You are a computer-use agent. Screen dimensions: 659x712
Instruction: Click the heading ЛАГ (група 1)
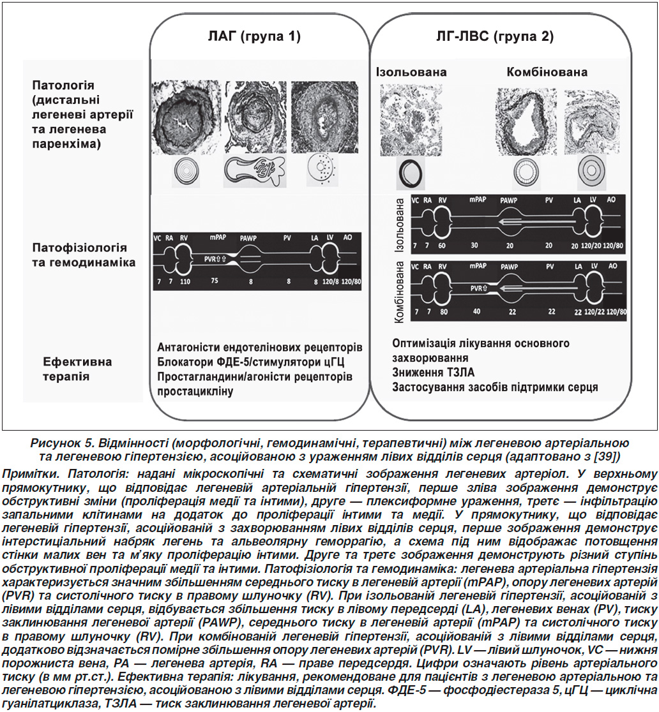tap(254, 36)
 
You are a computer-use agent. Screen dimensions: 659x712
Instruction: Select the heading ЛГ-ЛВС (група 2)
tap(495, 36)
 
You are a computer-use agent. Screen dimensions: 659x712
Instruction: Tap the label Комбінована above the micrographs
tap(547, 71)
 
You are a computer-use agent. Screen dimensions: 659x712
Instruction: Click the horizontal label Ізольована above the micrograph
tap(411, 71)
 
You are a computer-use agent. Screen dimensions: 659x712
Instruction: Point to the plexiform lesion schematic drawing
tap(255, 170)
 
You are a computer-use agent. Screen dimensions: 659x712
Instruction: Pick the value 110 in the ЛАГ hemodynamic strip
tap(185, 281)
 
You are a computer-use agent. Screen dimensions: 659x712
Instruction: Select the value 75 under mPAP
tap(215, 281)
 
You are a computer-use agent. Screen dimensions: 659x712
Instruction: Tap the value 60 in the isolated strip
tap(442, 246)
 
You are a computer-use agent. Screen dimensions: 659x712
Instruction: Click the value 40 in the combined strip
tap(476, 311)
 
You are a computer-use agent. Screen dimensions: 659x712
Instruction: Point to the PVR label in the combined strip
tap(478, 288)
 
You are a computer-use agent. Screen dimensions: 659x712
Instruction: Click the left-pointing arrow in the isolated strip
tap(536, 222)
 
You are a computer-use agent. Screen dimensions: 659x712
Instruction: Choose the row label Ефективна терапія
tap(77, 369)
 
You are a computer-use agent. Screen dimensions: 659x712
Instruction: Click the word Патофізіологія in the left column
tap(80, 248)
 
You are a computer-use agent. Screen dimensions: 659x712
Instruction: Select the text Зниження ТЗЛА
tap(433, 373)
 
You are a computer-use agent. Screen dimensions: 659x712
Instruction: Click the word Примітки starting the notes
tap(31, 473)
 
